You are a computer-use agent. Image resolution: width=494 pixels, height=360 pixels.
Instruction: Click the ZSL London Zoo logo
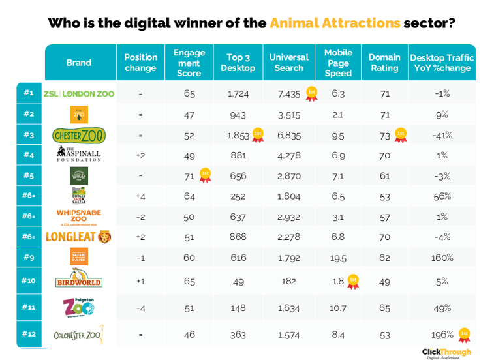click(79, 93)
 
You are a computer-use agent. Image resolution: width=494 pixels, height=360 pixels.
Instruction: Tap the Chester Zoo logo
click(79, 135)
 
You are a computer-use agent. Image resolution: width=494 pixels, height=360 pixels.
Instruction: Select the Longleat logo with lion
click(79, 236)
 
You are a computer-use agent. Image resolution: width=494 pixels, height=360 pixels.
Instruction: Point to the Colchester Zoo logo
click(79, 335)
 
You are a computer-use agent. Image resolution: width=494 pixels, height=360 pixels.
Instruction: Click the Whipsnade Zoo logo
click(79, 217)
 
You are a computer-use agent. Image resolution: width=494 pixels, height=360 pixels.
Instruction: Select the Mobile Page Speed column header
click(338, 63)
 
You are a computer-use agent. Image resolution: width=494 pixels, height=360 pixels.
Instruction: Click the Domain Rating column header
click(384, 63)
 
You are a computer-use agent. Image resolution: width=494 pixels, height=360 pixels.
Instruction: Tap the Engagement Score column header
click(189, 63)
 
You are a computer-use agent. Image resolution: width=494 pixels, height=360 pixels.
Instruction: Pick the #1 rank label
click(28, 93)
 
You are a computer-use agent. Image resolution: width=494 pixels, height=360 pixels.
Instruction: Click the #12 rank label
click(28, 334)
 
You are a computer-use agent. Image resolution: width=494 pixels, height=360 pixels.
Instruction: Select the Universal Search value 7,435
click(289, 93)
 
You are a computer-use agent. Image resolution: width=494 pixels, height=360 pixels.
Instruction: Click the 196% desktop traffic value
click(442, 335)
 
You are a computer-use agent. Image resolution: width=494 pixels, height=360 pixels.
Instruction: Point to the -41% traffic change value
click(442, 135)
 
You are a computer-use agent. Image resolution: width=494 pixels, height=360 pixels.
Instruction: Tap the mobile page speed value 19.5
click(338, 258)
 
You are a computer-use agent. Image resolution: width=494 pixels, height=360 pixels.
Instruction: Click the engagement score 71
click(189, 175)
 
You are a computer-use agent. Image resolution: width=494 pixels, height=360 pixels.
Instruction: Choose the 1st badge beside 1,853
click(257, 135)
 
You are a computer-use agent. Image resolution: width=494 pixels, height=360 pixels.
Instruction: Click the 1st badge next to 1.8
click(353, 281)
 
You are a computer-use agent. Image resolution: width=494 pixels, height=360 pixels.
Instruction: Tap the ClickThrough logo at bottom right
click(446, 353)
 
